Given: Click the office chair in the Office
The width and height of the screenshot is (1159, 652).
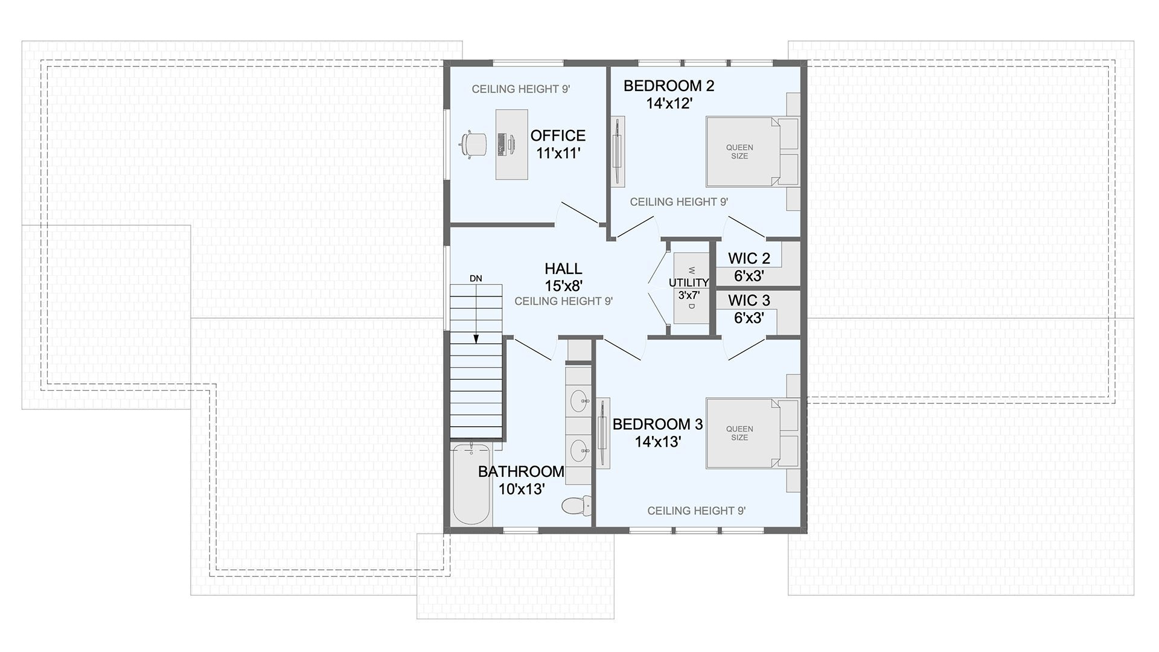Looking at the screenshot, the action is [473, 145].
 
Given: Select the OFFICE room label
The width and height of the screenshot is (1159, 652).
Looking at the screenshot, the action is [558, 136].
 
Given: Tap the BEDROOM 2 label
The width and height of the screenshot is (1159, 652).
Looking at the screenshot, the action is [669, 86].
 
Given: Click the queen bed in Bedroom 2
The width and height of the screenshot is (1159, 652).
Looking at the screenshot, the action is [752, 152].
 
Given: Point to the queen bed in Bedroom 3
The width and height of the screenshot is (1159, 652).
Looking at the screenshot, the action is [752, 433].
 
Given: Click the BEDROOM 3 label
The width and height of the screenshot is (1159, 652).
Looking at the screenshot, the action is [657, 424].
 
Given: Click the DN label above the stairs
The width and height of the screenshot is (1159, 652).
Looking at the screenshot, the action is [476, 278].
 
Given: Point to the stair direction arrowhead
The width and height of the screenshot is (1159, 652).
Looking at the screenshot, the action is [476, 339].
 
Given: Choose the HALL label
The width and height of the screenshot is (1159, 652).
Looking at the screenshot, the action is [563, 269].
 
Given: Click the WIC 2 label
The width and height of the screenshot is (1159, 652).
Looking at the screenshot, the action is [749, 258].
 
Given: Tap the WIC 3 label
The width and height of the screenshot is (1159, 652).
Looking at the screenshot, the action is [749, 300].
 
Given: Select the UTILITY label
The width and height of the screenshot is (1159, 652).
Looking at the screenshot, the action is [689, 283].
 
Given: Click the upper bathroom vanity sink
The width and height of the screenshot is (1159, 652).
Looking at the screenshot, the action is [579, 399].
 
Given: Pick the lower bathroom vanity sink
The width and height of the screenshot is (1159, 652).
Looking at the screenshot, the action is [579, 450].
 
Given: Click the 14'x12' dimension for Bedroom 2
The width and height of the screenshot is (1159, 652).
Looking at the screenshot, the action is [669, 104].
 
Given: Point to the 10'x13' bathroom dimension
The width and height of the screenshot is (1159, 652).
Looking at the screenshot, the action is [522, 489].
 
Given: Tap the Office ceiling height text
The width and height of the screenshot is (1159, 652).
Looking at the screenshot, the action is [521, 89].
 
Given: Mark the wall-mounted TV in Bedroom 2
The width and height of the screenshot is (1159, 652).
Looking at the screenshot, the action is [618, 152].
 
